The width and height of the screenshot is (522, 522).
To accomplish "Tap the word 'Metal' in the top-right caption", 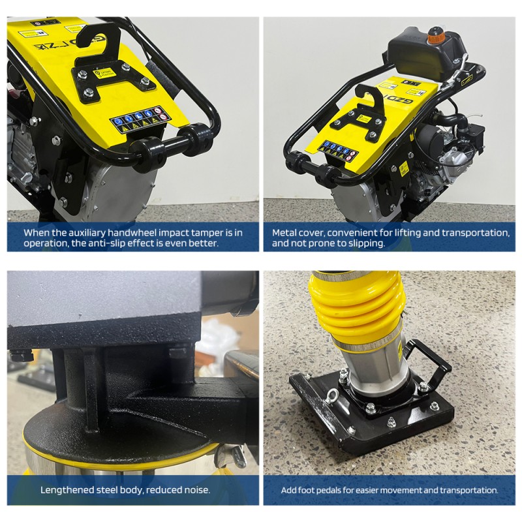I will (285, 232).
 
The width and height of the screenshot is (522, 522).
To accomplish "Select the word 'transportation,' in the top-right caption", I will (474, 232).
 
